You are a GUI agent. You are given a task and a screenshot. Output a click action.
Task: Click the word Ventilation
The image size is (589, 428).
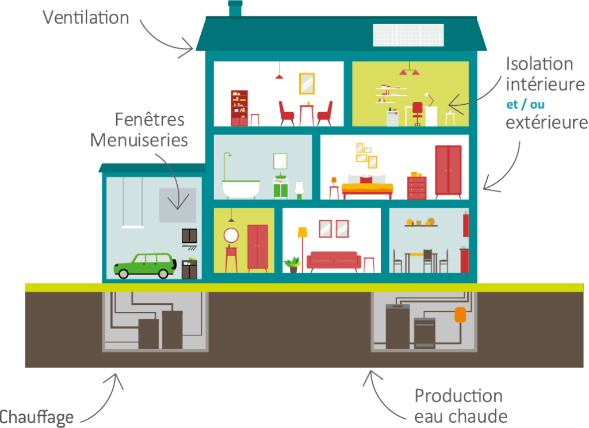tap(86, 17)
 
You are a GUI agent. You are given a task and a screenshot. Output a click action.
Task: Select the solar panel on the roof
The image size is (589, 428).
tap(408, 35)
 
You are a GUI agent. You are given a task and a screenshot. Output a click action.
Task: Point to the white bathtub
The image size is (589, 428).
tap(241, 189)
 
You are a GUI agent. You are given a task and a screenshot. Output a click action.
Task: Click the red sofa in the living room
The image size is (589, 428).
tap(334, 261)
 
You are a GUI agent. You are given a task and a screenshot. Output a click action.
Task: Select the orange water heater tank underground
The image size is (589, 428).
tap(460, 315)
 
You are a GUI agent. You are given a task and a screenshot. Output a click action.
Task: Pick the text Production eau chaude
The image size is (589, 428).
tap(460, 406)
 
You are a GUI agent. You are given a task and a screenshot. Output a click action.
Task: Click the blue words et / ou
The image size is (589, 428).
tap(525, 105)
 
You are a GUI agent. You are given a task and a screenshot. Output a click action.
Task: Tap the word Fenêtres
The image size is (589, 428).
tap(150, 120)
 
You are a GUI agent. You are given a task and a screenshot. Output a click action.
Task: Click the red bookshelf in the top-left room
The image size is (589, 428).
tap(239, 108)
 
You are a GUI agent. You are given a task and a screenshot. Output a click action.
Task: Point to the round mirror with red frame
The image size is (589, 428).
tap(231, 235)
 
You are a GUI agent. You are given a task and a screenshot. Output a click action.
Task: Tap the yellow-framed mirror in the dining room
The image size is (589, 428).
tap(307, 83)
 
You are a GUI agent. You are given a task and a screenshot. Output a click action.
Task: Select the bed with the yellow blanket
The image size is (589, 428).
tap(367, 186)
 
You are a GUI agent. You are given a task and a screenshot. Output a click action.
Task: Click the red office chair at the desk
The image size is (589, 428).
tap(418, 112)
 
